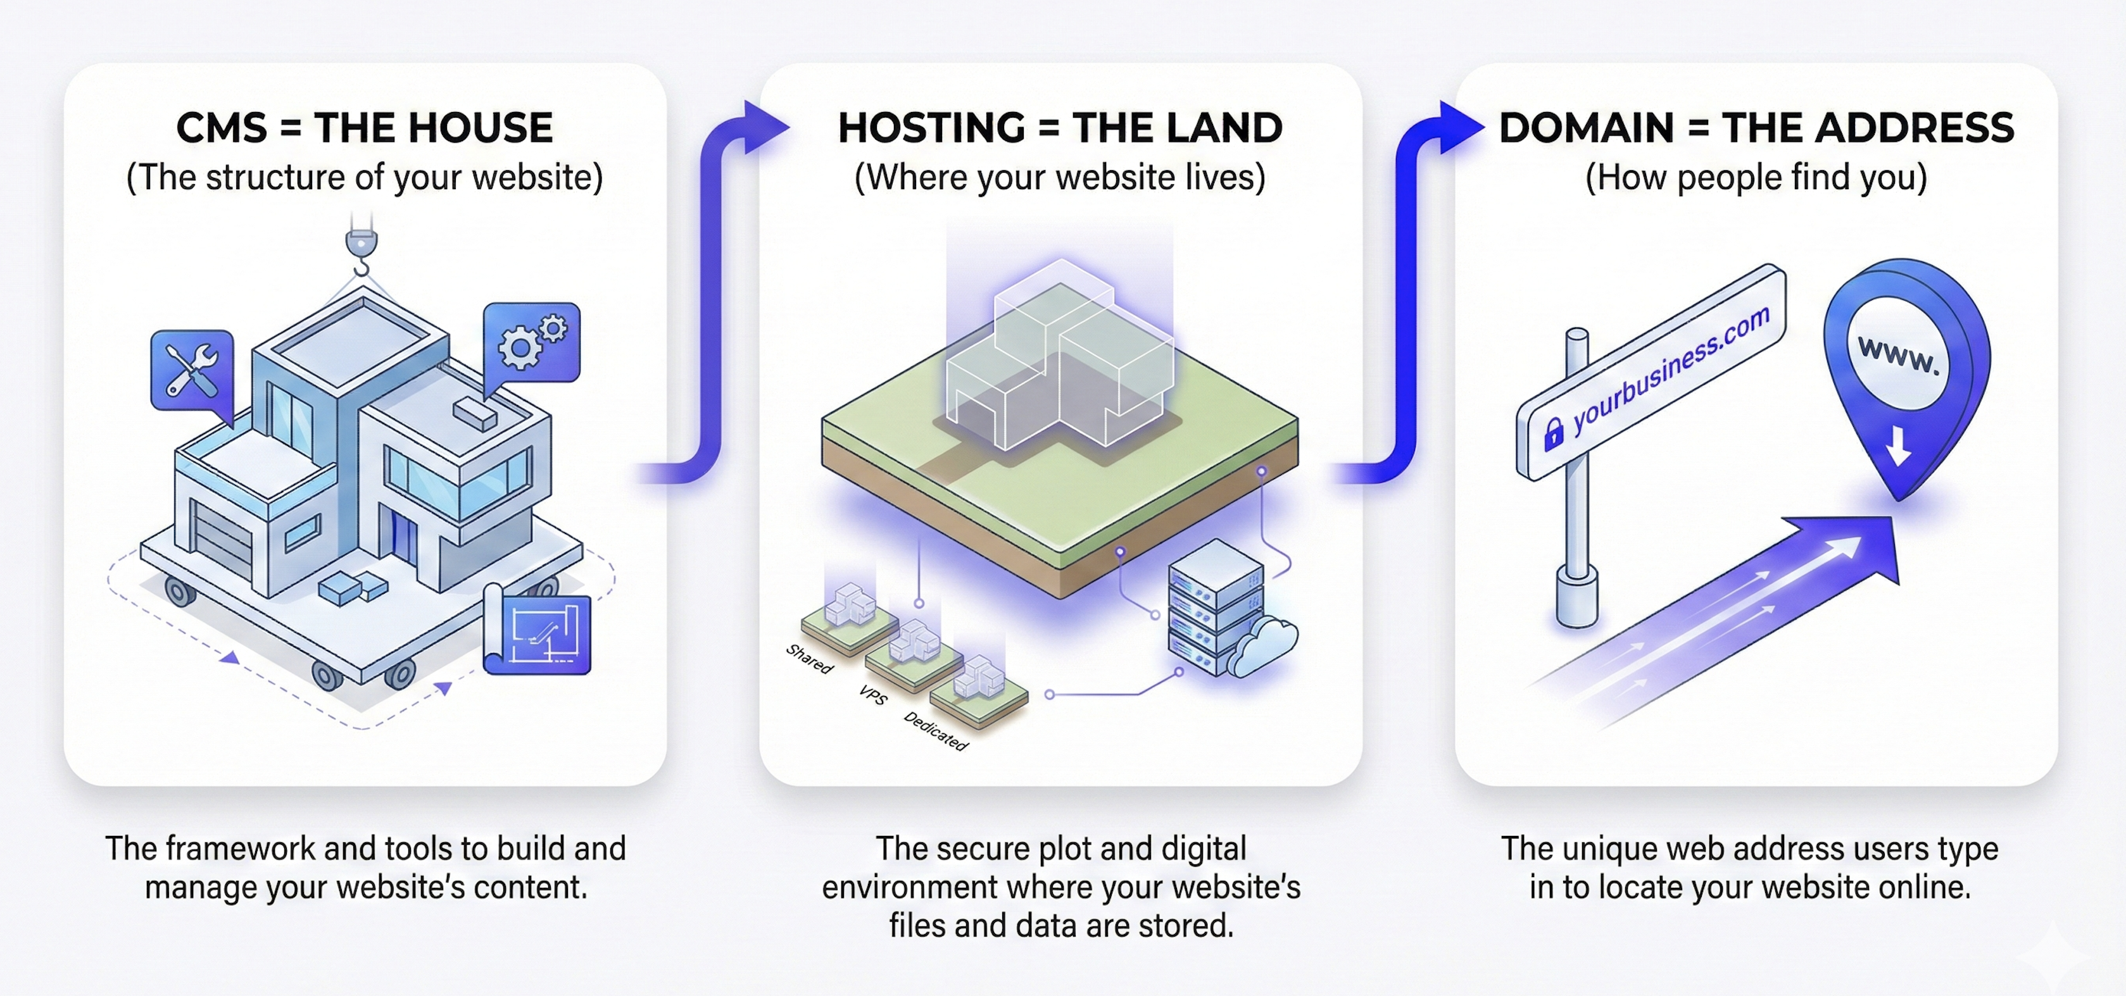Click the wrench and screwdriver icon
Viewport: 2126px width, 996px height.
click(191, 371)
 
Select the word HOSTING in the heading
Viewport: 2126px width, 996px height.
click(931, 128)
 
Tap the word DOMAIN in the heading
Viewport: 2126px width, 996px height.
click(1585, 128)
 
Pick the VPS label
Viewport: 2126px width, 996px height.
click(872, 695)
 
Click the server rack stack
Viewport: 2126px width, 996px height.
click(1214, 606)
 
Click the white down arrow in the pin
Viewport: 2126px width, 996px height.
click(1897, 446)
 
